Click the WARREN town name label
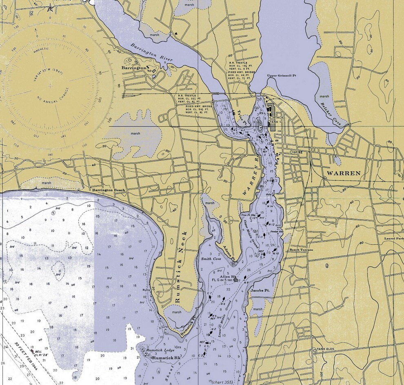tap(343, 173)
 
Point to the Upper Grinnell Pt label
tap(281, 75)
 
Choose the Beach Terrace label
tap(301, 250)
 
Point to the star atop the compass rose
tap(51, 8)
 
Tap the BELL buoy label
tap(38, 351)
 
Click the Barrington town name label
tap(133, 68)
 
